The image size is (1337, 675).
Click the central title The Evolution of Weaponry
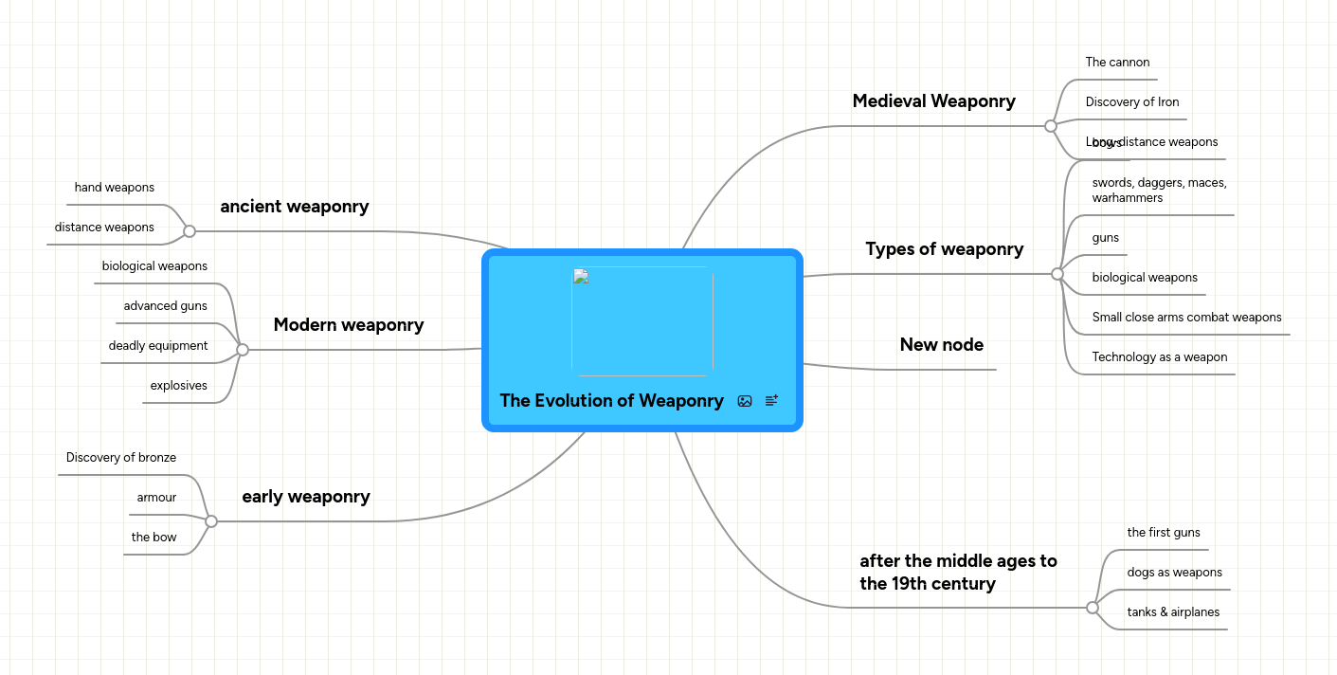point(611,401)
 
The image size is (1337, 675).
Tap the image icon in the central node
point(745,401)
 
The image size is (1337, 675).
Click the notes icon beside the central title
point(771,401)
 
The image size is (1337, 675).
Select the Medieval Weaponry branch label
point(933,101)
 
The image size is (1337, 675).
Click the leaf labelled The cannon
point(1117,63)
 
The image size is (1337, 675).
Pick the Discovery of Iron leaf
point(1131,102)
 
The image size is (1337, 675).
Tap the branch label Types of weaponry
point(944,249)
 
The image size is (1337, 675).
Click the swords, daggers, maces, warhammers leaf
point(1159,191)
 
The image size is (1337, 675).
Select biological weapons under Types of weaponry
point(1145,278)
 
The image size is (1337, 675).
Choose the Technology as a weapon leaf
point(1159,357)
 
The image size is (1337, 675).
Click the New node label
point(941,345)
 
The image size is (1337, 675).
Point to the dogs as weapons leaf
point(1174,573)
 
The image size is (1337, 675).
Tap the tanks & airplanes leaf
point(1173,612)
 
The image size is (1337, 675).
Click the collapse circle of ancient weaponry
point(190,231)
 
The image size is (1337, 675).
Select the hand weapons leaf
point(115,188)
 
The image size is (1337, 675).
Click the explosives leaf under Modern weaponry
point(178,386)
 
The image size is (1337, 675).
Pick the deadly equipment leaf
point(158,346)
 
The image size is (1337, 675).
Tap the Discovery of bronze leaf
point(121,458)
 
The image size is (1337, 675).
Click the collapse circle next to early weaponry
point(211,521)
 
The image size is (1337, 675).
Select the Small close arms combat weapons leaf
point(1186,318)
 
